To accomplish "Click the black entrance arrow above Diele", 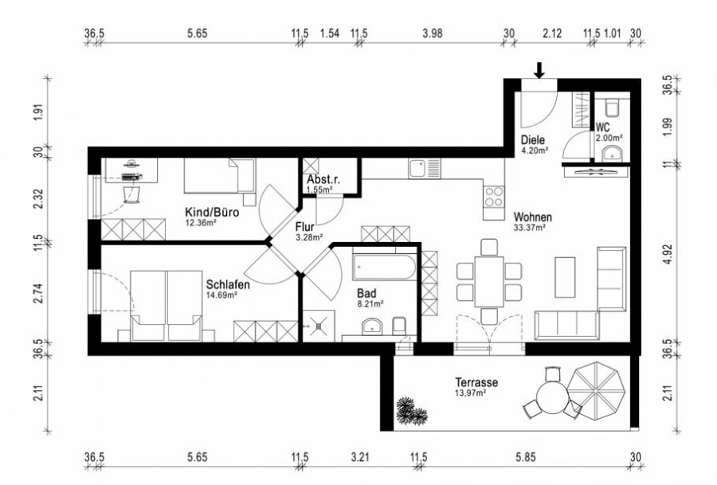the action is pos(539,70).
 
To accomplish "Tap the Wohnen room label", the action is pos(533,217).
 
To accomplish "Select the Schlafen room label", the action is pos(228,285).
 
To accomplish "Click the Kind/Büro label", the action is pos(212,212).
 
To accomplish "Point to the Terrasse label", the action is pos(476,382).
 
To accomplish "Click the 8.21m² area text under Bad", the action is pos(370,303).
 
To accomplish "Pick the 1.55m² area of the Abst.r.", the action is pos(319,190).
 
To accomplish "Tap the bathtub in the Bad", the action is pos(384,268).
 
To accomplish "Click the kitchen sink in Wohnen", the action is pos(424,168).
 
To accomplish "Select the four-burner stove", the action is pos(494,197).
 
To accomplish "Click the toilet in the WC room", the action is pos(611,108).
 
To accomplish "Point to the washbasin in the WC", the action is pos(612,154).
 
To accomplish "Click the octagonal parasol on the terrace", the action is pos(596,389).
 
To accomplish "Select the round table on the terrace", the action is pos(551,397).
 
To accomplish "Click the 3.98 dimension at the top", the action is pos(432,33).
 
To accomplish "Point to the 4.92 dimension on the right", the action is pos(668,254).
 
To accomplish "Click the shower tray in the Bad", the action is pos(319,326).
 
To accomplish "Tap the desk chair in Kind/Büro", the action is pos(132,194).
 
